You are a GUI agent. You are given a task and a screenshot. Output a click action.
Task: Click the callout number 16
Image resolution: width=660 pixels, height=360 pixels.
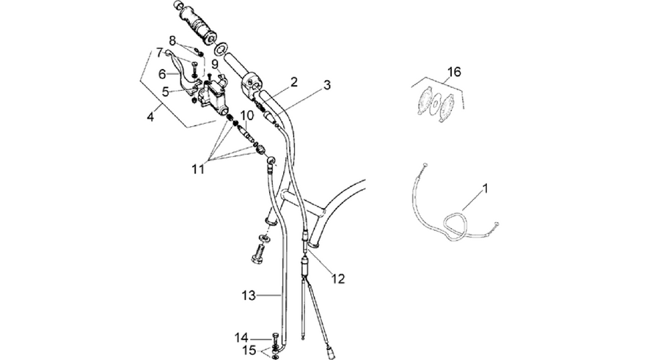coord(454,72)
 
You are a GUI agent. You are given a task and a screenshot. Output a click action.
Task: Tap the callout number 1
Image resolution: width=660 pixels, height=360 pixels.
coord(485,188)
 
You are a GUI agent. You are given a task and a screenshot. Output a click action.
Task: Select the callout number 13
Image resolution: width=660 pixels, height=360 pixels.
coord(249,295)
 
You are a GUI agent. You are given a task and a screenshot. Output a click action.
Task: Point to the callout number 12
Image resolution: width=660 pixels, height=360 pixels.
coord(338,279)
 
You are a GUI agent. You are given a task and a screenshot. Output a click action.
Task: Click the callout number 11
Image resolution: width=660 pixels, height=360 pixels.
coord(198,169)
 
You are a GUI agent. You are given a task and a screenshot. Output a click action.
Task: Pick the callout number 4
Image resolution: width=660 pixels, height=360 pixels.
coord(150,117)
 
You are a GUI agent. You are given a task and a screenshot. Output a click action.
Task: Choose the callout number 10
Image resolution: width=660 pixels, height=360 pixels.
coord(247,115)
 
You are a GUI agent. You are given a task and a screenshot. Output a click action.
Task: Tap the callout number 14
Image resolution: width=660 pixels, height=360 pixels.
coord(241,338)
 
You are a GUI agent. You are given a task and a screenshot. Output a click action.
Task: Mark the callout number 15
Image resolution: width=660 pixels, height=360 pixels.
coord(249,350)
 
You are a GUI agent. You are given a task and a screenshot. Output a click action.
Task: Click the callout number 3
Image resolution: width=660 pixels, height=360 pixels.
coord(327,84)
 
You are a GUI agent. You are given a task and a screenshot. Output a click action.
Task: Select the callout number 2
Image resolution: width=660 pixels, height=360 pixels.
coord(294,81)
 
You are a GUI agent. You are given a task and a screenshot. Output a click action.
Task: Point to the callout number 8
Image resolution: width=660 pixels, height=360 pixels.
coord(172,41)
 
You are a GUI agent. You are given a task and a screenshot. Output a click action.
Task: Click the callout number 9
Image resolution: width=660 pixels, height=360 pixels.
coord(215,64)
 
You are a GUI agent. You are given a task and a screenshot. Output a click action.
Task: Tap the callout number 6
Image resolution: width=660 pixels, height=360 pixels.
coord(163,74)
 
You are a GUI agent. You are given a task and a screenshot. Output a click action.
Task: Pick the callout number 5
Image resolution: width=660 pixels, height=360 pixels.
coord(166,92)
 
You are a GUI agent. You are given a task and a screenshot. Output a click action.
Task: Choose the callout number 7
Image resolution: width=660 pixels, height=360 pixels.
coord(159,53)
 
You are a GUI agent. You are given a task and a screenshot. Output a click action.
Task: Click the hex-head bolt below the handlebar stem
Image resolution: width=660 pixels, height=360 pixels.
coord(257,252)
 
